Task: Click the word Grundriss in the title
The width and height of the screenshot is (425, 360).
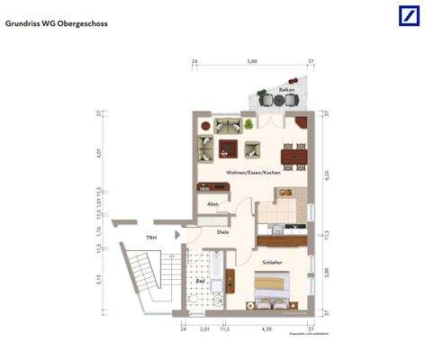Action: [25, 24]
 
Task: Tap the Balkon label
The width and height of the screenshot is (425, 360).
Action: [286, 92]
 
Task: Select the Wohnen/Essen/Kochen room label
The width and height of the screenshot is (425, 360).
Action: [251, 172]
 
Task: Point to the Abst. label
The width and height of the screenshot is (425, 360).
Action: [213, 204]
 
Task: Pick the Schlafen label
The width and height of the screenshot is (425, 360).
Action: [272, 262]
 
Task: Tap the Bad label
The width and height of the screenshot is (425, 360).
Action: [200, 282]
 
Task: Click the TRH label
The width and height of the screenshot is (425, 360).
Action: [153, 238]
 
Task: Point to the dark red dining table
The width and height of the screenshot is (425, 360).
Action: [294, 158]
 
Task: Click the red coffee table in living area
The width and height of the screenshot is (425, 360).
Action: [226, 147]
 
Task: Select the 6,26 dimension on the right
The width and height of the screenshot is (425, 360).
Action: [326, 175]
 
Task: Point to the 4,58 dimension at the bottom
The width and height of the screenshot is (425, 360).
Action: [267, 330]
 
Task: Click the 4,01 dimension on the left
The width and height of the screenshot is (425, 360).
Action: [99, 151]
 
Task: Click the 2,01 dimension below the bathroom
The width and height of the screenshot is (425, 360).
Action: [204, 330]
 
